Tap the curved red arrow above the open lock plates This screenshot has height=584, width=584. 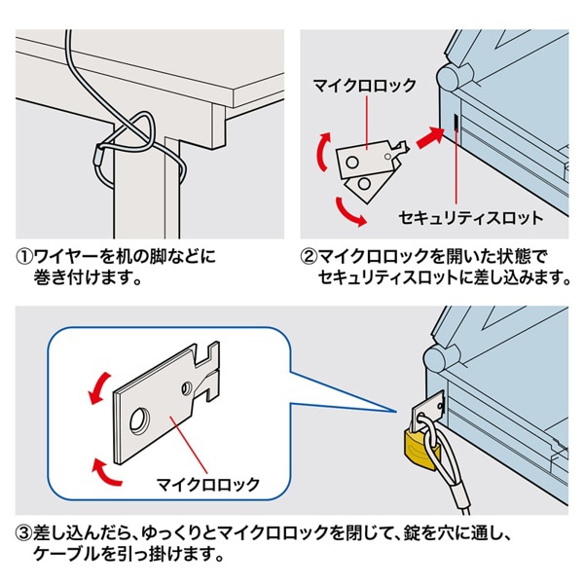pyautogui.click(x=317, y=153)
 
